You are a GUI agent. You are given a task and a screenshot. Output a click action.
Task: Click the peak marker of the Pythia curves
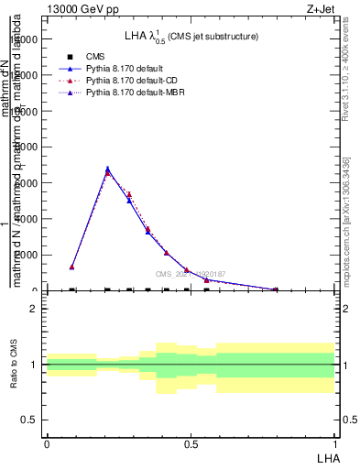click(107, 169)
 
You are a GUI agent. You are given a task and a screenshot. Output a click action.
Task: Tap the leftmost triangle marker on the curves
click(71, 267)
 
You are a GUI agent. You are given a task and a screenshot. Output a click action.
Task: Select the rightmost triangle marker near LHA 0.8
click(276, 289)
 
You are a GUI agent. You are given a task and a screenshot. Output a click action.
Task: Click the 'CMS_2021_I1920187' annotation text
click(190, 274)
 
